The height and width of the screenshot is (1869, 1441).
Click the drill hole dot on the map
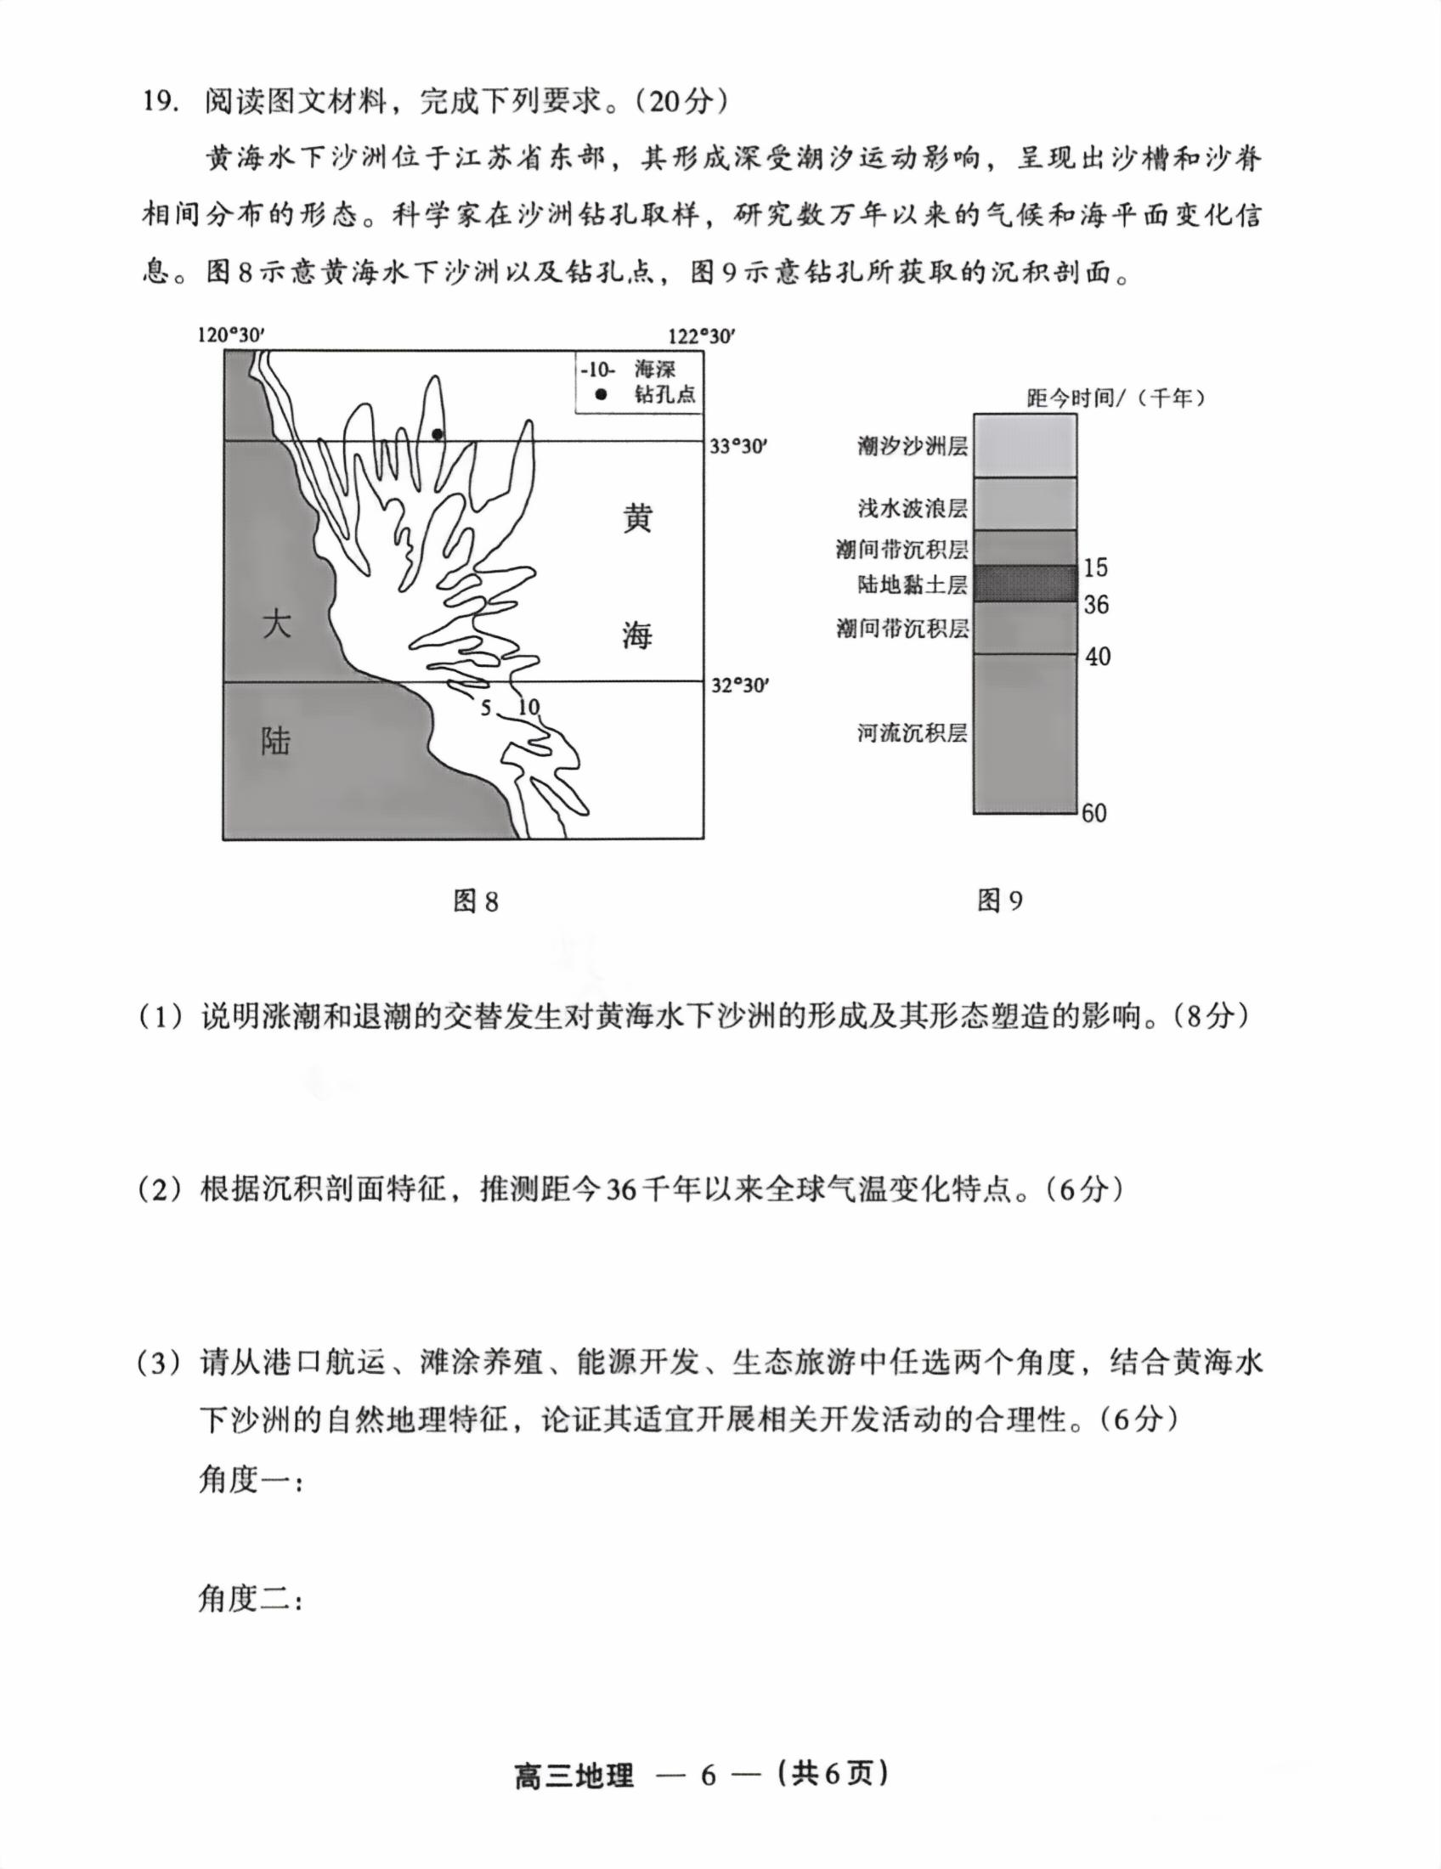[x=438, y=434]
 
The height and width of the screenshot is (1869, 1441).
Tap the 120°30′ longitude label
[x=232, y=336]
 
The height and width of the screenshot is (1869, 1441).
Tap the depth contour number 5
[x=485, y=708]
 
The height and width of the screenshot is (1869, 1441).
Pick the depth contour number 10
[x=528, y=707]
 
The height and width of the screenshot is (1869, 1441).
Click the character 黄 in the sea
[x=636, y=518]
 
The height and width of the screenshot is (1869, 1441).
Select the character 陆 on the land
[x=275, y=741]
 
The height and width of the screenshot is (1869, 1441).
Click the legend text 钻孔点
[x=665, y=394]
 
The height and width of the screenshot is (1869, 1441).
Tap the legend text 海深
[x=654, y=370]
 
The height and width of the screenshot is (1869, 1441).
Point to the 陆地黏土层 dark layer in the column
[x=1025, y=584]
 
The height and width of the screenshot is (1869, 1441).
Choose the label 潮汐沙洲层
[x=913, y=446]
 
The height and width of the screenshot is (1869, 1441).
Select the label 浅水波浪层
[x=913, y=508]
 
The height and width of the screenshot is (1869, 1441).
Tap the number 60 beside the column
[x=1094, y=813]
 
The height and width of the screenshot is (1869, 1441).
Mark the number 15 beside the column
[x=1095, y=567]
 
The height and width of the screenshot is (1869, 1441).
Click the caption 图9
[x=999, y=901]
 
